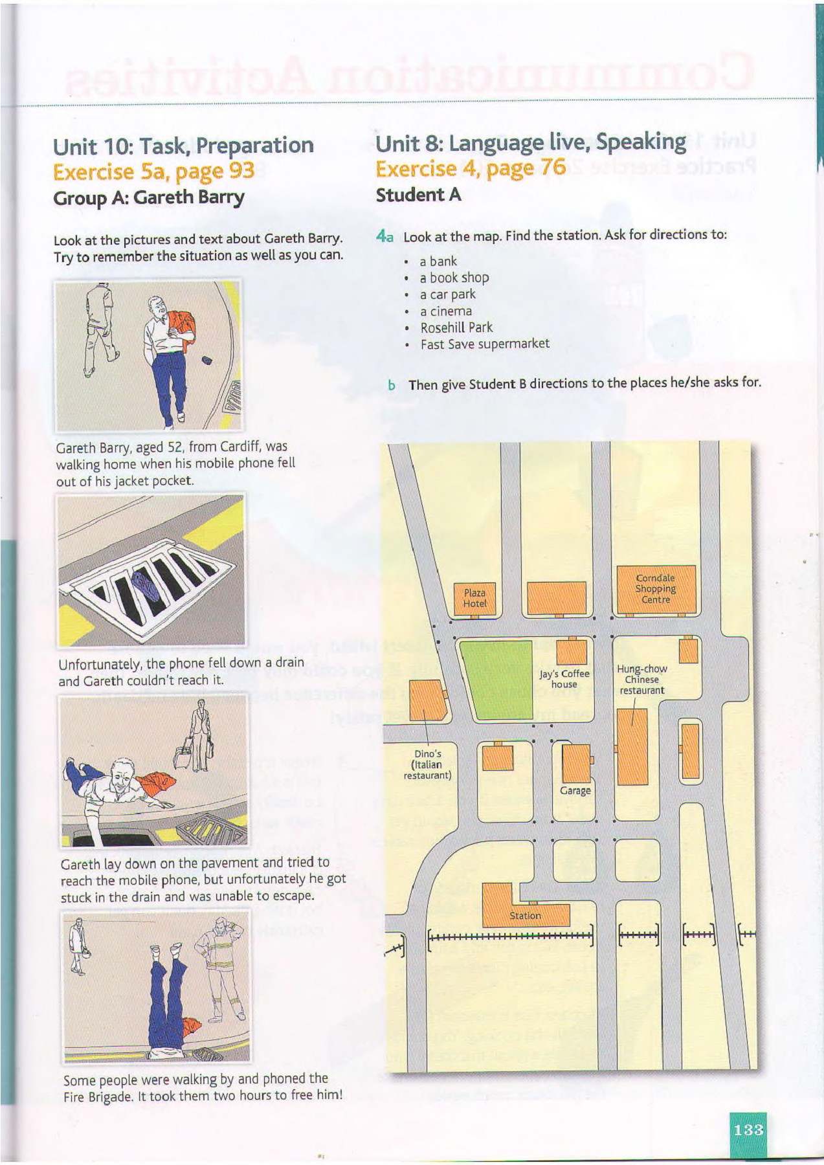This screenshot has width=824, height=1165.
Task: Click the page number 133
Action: coord(748,1130)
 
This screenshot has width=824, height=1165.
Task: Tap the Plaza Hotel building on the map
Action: coord(474,597)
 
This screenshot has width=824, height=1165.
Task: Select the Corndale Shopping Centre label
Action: coord(655,589)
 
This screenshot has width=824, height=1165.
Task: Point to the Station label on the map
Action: coord(525,916)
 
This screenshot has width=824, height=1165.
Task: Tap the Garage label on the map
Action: coord(575,790)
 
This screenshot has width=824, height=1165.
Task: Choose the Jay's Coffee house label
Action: coord(564,679)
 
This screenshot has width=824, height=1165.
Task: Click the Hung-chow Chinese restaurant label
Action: coord(642,680)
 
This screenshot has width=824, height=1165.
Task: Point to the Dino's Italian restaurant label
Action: coord(427,764)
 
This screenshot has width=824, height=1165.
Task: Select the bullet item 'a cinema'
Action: coord(445,311)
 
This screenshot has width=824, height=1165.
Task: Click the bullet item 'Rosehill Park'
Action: coord(456,327)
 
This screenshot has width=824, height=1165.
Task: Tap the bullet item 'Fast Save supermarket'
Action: coord(485,344)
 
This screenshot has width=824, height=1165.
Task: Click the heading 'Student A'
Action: coord(418,195)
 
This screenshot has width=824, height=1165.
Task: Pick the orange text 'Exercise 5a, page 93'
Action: coord(154,172)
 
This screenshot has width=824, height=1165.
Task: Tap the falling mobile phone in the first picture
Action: coord(207,360)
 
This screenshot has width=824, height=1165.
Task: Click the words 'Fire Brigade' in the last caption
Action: coord(93,1096)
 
